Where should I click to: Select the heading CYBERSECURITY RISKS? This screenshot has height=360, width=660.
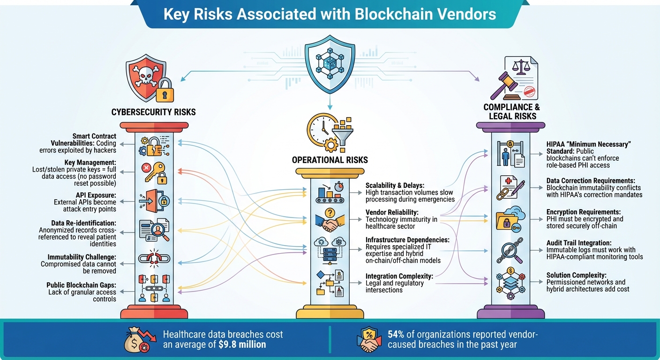coord(153,112)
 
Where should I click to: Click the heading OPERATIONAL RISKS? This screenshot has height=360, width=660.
coord(330,160)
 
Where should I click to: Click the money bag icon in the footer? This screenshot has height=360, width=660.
coord(136,340)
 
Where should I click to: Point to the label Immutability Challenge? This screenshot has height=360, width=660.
coord(82,257)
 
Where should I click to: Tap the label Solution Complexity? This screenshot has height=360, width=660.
coord(576,275)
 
